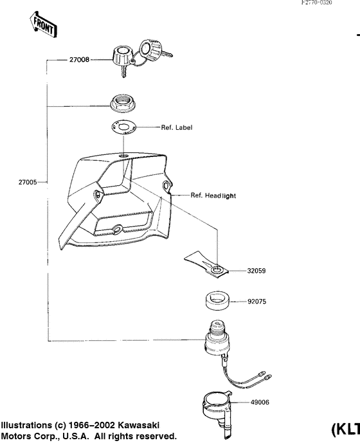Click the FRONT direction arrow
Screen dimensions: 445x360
point(42,24)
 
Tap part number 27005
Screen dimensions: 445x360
point(27,182)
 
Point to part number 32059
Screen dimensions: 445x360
point(256,271)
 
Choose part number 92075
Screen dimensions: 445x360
point(256,300)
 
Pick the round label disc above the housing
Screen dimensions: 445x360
point(122,127)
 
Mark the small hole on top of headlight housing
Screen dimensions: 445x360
point(123,156)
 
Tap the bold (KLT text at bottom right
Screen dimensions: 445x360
point(346,430)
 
